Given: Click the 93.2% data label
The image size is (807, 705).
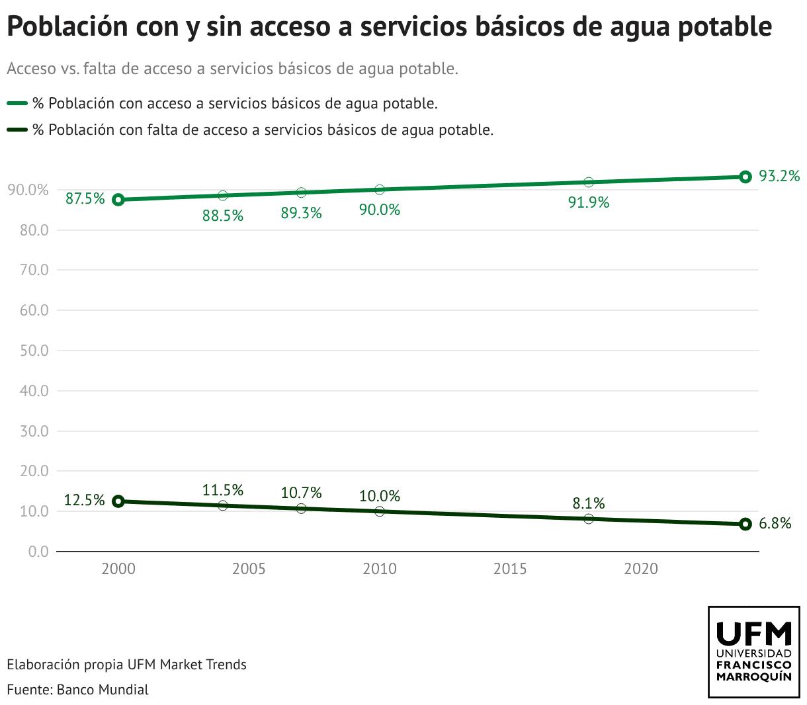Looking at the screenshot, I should click(779, 176).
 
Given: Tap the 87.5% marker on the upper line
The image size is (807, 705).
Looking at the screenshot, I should click(118, 200).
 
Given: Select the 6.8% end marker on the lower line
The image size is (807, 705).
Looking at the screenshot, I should click(745, 524).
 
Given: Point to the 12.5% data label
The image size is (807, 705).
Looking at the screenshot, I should click(85, 500).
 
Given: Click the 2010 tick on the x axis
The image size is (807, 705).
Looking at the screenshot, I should click(380, 569).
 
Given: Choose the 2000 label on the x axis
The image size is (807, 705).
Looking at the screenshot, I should click(118, 569).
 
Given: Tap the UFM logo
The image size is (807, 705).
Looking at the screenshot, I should click(754, 651).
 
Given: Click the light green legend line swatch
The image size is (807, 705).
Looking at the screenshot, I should click(17, 103).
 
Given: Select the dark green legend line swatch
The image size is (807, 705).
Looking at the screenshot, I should click(17, 130).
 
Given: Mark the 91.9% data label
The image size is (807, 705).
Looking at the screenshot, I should click(589, 203).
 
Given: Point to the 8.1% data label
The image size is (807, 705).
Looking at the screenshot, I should click(589, 503).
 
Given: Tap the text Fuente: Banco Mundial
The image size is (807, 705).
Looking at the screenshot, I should click(77, 689).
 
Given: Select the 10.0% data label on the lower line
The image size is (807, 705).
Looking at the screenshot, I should click(380, 496).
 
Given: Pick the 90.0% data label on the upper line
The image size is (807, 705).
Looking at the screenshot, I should click(380, 210).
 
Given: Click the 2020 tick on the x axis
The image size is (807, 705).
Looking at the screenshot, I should click(641, 569).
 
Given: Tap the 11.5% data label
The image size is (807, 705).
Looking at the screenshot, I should click(223, 490).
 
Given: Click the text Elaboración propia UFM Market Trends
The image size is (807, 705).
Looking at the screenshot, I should click(126, 664).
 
